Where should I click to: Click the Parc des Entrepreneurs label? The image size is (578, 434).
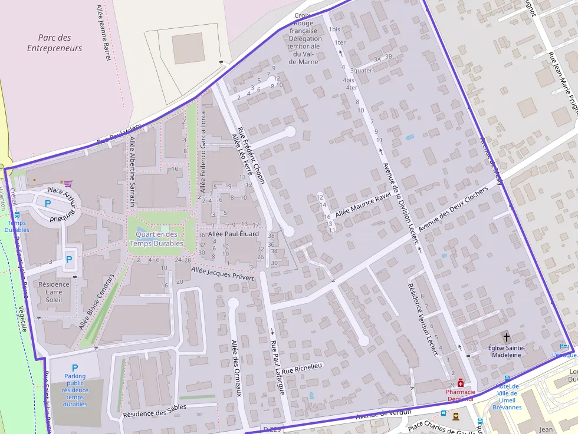click(x=54, y=43)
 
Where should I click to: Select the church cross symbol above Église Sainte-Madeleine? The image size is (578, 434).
click(x=506, y=337)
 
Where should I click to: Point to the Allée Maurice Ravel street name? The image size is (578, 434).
click(x=363, y=204)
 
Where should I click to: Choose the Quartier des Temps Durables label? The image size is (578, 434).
click(x=156, y=238)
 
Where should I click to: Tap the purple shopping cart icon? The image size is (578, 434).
click(x=68, y=184)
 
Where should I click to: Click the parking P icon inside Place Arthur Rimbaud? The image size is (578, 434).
click(x=48, y=203)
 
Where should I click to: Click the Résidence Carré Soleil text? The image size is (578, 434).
click(x=54, y=292)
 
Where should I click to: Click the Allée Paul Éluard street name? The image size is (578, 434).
click(x=234, y=234)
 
